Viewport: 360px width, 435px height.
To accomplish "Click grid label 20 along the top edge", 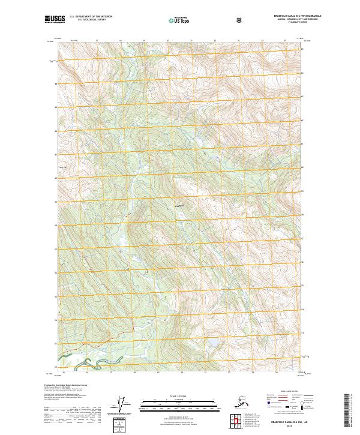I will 167,41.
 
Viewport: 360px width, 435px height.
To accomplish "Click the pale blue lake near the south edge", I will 211,346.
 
